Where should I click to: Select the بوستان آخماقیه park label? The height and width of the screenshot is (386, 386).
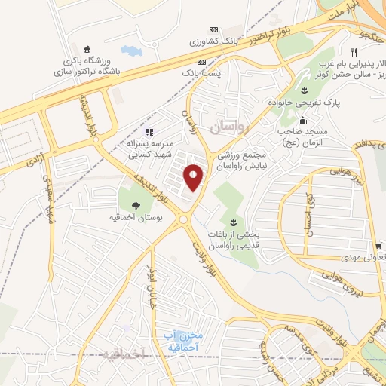point(136,220)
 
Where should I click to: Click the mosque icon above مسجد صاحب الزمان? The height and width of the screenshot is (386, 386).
point(303,120)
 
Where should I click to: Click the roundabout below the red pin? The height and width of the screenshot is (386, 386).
point(184,219)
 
